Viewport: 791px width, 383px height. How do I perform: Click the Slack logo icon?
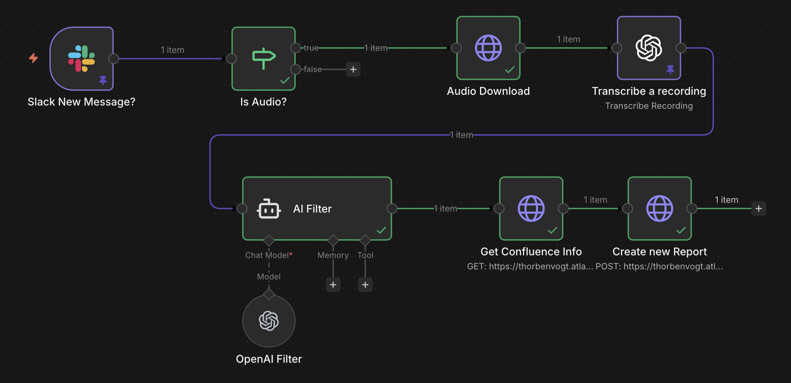click(82, 58)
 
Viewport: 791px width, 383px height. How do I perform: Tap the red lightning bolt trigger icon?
click(33, 58)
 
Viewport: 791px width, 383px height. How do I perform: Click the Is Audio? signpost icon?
click(264, 58)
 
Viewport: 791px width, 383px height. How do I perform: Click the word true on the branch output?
click(311, 48)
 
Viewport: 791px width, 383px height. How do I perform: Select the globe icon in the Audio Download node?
click(488, 48)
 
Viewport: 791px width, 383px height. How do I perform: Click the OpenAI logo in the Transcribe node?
click(648, 48)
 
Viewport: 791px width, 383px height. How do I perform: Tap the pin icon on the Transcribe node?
click(670, 70)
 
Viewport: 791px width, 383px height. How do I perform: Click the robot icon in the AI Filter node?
click(269, 209)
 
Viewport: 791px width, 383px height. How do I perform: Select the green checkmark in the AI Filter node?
click(381, 230)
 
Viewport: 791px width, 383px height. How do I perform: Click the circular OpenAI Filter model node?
click(269, 321)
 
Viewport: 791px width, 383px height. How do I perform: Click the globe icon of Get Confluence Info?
click(531, 208)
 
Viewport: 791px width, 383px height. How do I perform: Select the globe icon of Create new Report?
click(660, 208)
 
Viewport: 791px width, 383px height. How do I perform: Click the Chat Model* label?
click(269, 255)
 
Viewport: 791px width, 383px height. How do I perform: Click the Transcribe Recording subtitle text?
click(649, 106)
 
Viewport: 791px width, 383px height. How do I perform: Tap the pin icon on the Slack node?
click(103, 80)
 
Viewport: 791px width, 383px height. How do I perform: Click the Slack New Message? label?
click(81, 102)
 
